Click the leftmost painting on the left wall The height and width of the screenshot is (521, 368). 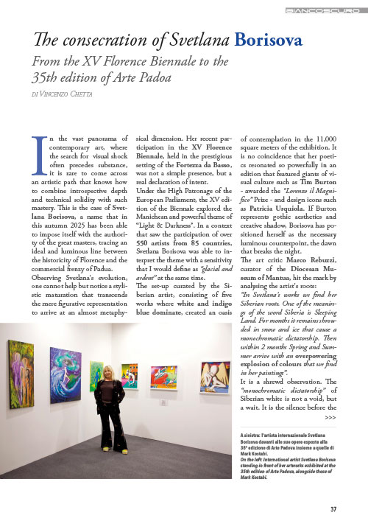21,374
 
